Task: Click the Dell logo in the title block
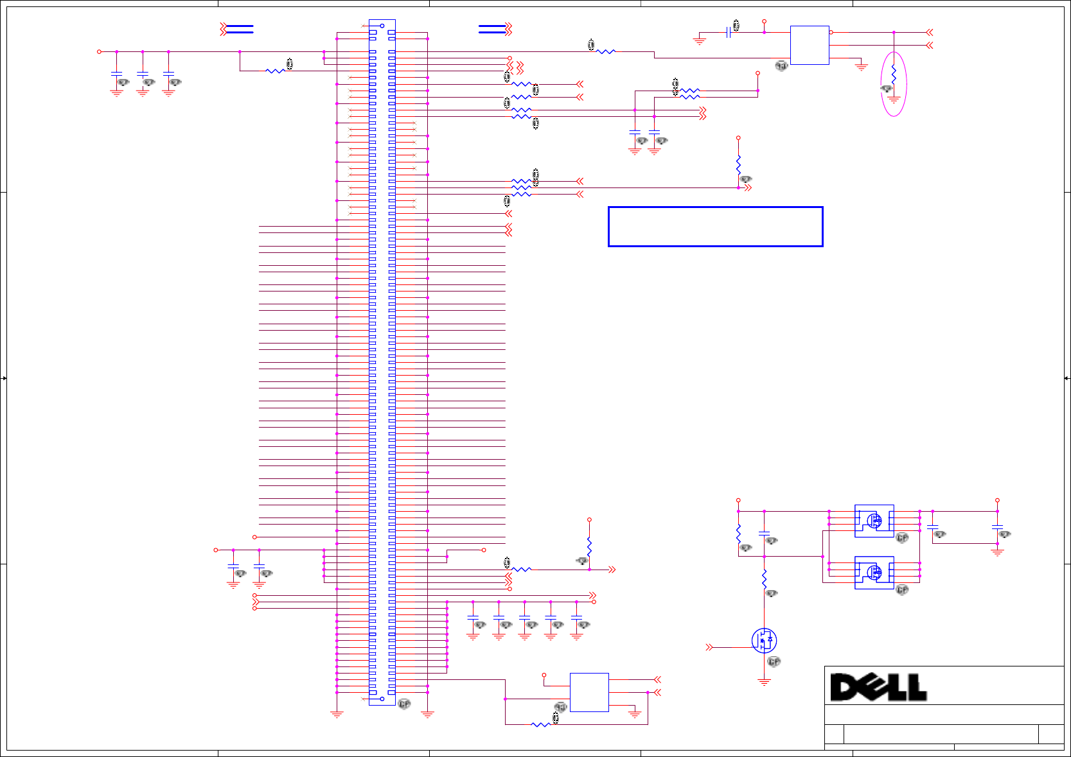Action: (878, 687)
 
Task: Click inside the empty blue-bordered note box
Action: (715, 227)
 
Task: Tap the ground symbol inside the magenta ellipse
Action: (894, 100)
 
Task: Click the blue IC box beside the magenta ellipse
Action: (810, 45)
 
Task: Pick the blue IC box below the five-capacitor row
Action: (589, 692)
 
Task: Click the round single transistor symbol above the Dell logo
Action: (764, 640)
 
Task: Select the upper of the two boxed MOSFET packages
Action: (874, 521)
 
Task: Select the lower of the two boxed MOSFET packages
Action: (874, 572)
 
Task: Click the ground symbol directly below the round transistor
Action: (764, 682)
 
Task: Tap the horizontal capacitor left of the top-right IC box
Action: (728, 32)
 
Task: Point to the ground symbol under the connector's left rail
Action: (337, 713)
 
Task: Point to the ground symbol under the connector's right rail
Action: (427, 713)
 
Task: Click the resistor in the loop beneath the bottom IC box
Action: (541, 724)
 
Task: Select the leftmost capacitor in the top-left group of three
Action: (116, 73)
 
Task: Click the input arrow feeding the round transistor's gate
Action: (709, 647)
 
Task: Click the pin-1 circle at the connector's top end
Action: (382, 26)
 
